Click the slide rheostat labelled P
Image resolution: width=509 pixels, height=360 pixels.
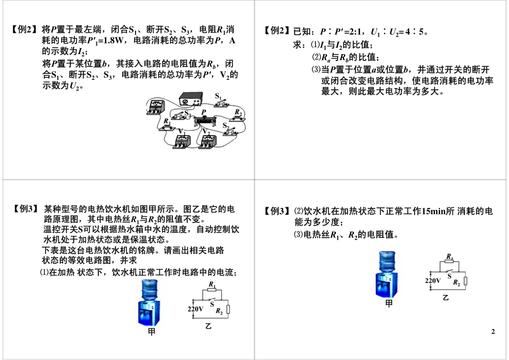pos(204,121)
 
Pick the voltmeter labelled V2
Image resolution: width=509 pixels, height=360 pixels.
pos(210,141)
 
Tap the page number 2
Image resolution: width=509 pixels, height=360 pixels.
pos(493,333)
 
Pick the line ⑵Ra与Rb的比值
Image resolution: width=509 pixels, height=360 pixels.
pos(345,57)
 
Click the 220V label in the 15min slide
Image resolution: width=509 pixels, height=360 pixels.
pos(433,280)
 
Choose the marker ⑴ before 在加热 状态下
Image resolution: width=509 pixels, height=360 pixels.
pos(44,272)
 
